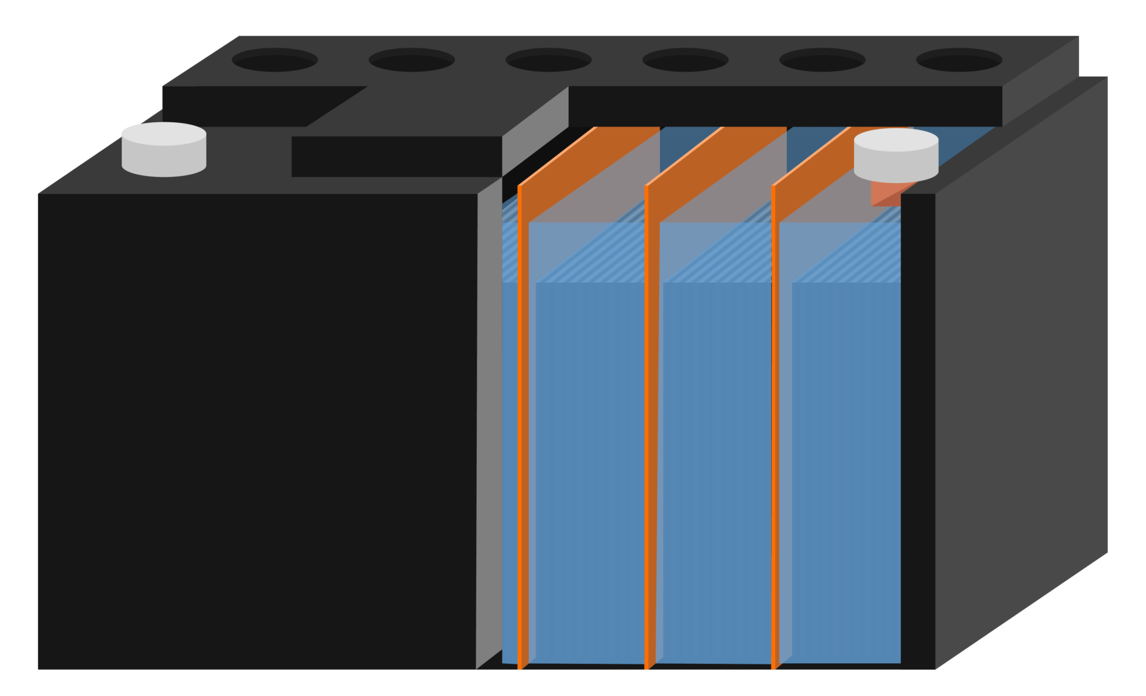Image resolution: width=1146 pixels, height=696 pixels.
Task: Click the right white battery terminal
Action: click(896, 154)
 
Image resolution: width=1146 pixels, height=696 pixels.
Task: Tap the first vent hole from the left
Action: click(275, 60)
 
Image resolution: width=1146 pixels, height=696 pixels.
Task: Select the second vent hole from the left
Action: click(411, 60)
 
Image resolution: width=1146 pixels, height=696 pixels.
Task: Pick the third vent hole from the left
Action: click(548, 60)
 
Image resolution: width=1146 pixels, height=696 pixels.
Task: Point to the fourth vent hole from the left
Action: click(685, 60)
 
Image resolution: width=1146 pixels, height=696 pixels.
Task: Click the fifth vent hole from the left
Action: click(822, 60)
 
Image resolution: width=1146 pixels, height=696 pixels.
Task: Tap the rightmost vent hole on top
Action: click(959, 60)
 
